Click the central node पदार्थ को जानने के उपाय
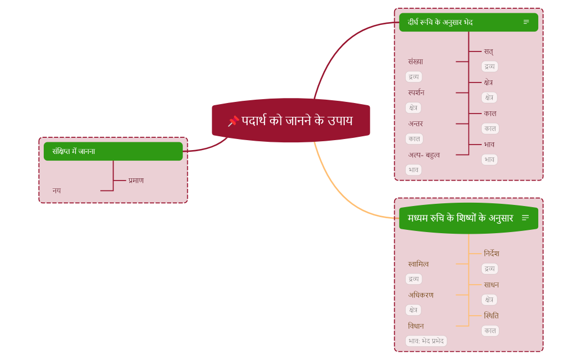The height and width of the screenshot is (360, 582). [x=297, y=120]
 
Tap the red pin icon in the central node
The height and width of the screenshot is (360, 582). [x=233, y=121]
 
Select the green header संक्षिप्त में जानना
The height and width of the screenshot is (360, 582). [x=113, y=151]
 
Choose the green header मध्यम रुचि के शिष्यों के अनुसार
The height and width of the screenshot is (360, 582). [x=460, y=218]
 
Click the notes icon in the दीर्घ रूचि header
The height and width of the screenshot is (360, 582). [x=526, y=22]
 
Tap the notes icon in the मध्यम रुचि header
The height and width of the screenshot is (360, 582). [x=525, y=218]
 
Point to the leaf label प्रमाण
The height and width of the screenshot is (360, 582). [x=136, y=181]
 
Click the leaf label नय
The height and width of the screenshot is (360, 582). [x=57, y=191]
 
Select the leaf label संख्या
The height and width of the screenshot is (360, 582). [x=415, y=61]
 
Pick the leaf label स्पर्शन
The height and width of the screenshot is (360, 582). [x=416, y=92]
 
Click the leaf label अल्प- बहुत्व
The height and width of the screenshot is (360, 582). [x=424, y=155]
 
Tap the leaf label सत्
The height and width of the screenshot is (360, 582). [x=488, y=52]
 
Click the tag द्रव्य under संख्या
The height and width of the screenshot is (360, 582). [x=413, y=77]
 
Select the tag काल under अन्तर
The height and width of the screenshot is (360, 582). [x=414, y=139]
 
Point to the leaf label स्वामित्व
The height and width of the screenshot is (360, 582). [x=418, y=264]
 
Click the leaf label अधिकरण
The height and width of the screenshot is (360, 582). [x=421, y=295]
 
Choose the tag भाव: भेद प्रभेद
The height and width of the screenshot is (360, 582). [x=426, y=341]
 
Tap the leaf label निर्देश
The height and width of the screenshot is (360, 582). [x=491, y=254]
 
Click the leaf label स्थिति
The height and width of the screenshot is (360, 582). [x=491, y=316]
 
